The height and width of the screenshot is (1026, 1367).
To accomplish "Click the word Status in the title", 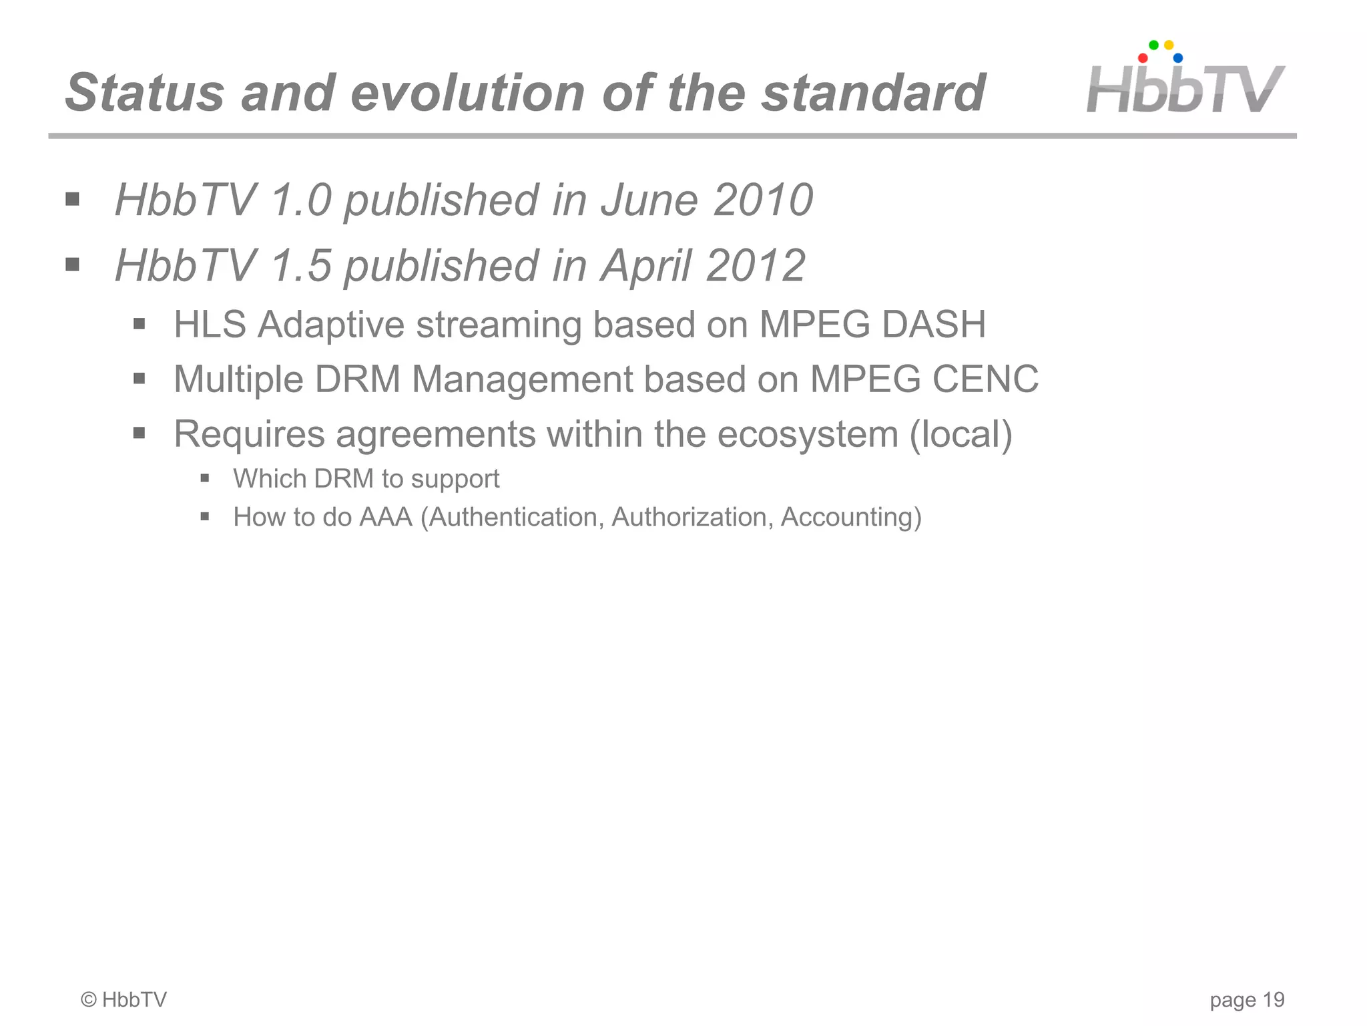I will pyautogui.click(x=144, y=93).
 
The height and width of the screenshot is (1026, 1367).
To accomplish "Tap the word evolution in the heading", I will pyautogui.click(x=467, y=93).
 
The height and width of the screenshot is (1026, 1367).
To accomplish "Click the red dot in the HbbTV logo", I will pyautogui.click(x=1143, y=58).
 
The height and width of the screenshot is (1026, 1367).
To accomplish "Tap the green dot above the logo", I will pyautogui.click(x=1153, y=45).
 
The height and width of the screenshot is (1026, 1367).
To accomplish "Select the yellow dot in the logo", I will pyautogui.click(x=1169, y=45).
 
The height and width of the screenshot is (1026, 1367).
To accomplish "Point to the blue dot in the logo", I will pyautogui.click(x=1178, y=58).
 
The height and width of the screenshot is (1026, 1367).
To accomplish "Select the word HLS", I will pyautogui.click(x=210, y=325).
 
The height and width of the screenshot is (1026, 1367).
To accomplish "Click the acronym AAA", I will pyautogui.click(x=386, y=517).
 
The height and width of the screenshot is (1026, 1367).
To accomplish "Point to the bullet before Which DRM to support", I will pyautogui.click(x=205, y=478).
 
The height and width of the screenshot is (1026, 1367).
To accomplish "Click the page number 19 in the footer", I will pyautogui.click(x=1274, y=1000).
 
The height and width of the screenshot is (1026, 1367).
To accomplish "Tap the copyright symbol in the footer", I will pyautogui.click(x=89, y=1000).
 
